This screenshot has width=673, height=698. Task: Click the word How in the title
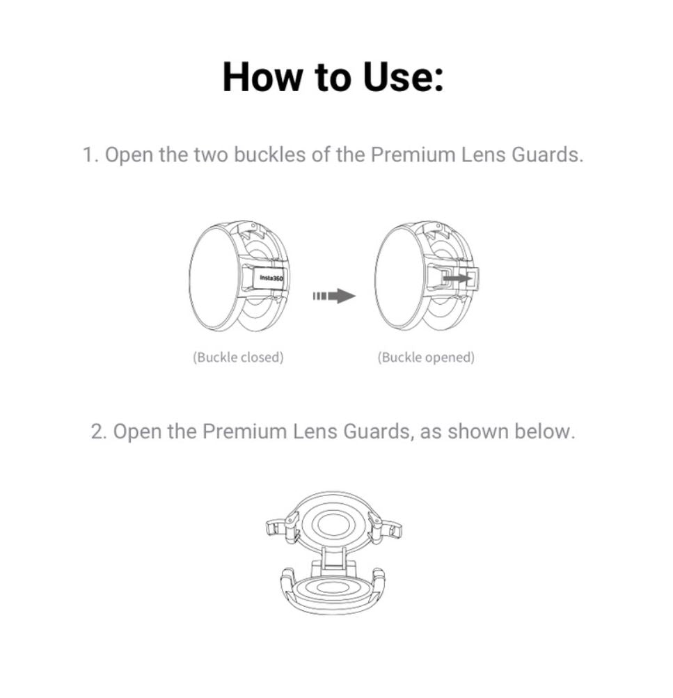(262, 77)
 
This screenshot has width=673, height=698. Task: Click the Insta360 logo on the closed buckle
(271, 278)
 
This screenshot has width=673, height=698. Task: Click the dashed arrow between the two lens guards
(334, 296)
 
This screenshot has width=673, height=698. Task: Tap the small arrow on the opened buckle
(457, 278)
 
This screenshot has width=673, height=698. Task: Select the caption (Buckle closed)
(238, 358)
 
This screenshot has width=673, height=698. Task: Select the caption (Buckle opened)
(426, 358)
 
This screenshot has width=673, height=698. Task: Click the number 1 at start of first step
(90, 155)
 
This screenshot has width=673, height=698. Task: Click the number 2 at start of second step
(98, 431)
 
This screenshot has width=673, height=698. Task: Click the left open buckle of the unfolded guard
(279, 528)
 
